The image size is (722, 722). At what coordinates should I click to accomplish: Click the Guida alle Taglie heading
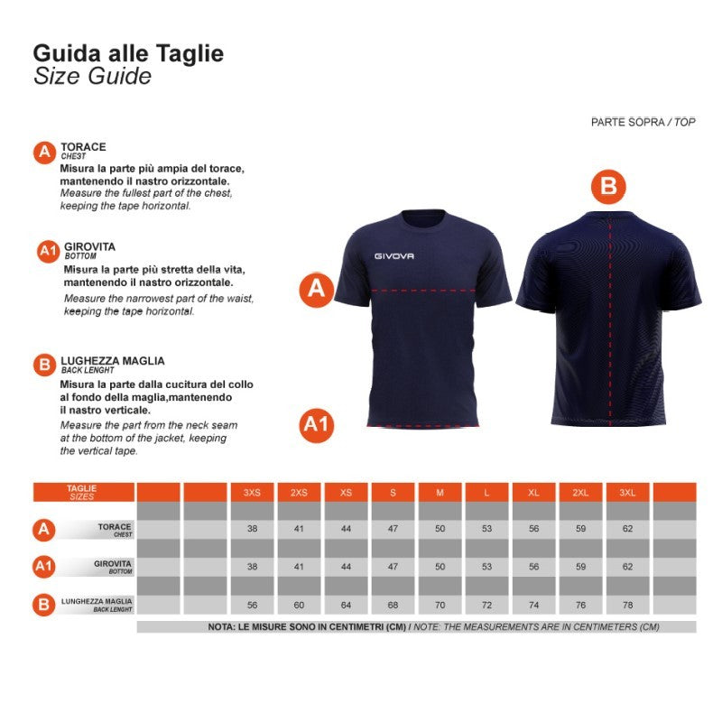128,53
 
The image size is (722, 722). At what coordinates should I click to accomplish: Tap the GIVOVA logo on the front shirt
393,256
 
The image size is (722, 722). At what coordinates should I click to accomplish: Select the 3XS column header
252,492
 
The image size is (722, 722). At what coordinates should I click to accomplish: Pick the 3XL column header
627,492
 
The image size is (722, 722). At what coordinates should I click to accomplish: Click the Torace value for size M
440,529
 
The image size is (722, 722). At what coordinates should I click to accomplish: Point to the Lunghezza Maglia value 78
627,605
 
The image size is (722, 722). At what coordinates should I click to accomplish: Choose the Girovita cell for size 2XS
299,567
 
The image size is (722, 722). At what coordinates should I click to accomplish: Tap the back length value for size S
393,605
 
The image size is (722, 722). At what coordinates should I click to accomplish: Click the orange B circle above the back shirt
608,187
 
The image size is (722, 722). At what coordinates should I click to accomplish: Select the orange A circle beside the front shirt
317,290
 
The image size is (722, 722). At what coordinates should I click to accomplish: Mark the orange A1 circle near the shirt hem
317,425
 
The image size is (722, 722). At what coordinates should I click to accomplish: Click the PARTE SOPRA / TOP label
643,122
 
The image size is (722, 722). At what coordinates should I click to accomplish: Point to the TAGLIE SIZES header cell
83,492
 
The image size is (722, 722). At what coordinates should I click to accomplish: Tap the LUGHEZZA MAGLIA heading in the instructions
112,361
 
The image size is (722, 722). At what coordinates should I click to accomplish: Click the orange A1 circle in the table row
44,567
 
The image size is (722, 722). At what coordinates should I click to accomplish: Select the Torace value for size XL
533,529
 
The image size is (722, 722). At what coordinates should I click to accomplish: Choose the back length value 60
299,605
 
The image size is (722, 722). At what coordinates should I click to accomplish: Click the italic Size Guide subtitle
92,77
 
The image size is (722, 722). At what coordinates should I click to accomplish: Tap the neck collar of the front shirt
423,218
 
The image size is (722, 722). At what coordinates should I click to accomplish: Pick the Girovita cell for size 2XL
580,567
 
